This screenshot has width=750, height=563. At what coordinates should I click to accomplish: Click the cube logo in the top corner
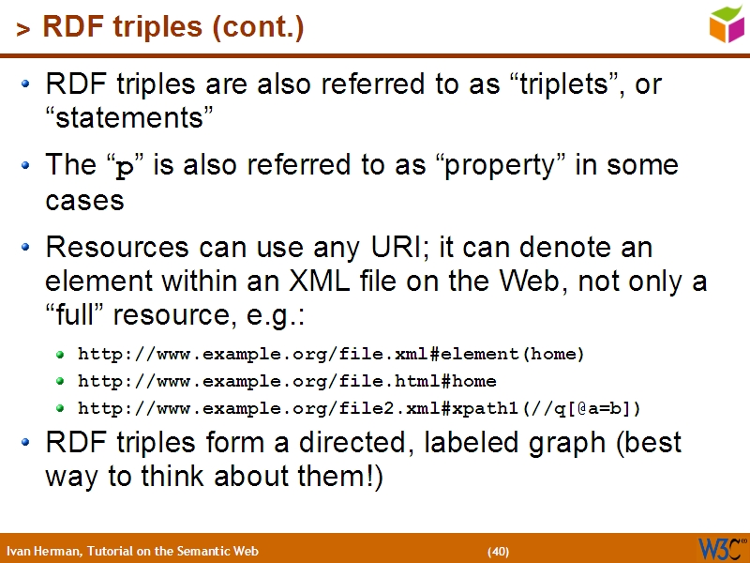tap(727, 23)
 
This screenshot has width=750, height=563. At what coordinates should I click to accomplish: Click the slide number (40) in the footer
tap(498, 551)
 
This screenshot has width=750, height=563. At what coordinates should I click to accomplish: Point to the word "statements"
tap(130, 118)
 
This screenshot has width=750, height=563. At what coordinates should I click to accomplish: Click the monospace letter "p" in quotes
tap(123, 169)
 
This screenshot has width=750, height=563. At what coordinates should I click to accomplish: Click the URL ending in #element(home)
tap(331, 354)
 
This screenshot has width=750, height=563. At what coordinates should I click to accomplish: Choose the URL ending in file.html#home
tap(287, 381)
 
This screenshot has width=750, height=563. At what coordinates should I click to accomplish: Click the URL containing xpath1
tap(360, 408)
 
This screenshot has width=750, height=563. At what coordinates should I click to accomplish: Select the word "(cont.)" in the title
tap(259, 29)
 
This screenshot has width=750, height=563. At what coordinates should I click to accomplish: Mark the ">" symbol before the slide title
tap(22, 31)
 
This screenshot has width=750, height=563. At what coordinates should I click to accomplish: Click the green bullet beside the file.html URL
tap(61, 382)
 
